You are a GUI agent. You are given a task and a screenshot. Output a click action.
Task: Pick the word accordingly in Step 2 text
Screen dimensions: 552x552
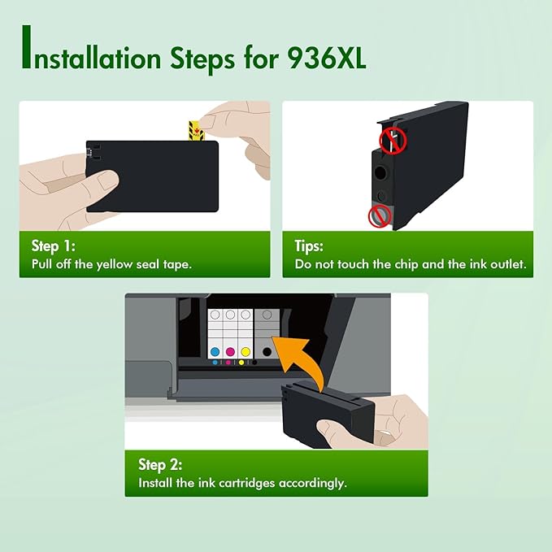[311, 483]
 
